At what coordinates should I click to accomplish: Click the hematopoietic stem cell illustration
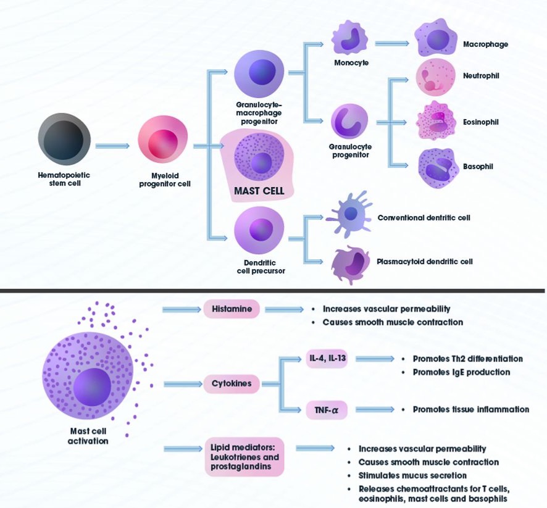click(64, 139)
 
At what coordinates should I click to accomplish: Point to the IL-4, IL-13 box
click(327, 359)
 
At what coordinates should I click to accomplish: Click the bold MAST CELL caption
click(259, 191)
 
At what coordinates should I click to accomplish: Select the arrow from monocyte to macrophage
click(393, 43)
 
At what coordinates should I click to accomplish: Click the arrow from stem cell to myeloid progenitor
click(112, 146)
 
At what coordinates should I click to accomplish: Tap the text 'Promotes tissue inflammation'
click(470, 409)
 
